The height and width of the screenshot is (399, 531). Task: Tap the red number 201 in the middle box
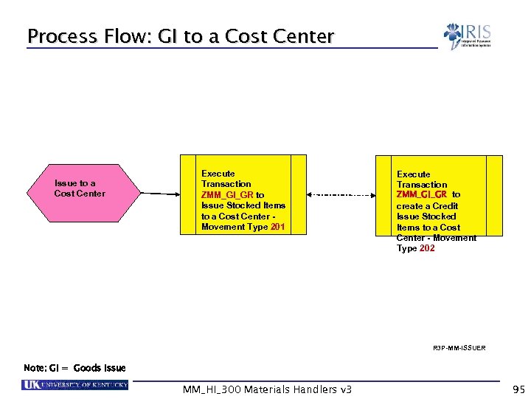277,227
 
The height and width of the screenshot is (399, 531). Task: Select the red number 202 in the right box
426,248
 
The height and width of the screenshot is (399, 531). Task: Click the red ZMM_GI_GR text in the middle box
227,195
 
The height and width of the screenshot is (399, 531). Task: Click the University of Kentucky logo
74,385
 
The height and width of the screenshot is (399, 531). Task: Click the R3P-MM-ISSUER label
459,347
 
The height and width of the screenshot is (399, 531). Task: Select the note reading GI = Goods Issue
74,368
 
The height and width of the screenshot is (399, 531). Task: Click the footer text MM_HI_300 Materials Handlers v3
267,389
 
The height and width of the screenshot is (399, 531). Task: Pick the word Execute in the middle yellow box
218,174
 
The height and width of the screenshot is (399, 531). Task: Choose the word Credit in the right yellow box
444,206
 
